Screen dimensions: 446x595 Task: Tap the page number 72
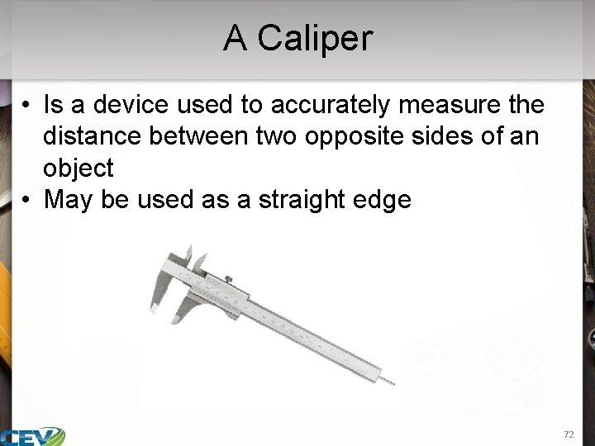pyautogui.click(x=568, y=434)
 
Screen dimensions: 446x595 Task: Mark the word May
pyautogui.click(x=69, y=200)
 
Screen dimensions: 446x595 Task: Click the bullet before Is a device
pyautogui.click(x=26, y=106)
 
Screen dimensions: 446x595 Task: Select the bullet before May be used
pyautogui.click(x=26, y=200)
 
